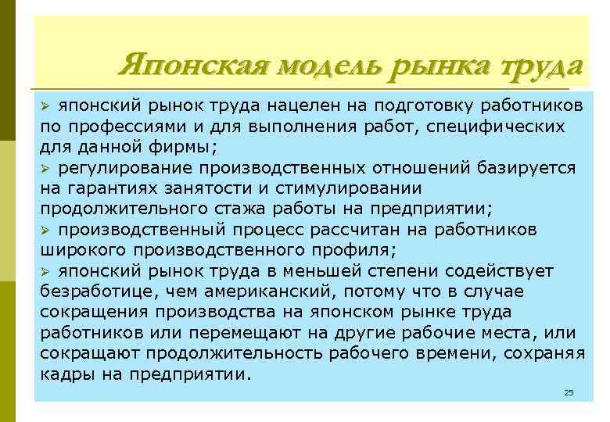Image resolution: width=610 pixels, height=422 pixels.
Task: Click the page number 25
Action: coord(569,392)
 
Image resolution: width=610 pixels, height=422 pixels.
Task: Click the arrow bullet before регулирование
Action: coord(45,168)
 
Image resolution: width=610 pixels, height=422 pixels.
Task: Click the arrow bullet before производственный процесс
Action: coord(45,231)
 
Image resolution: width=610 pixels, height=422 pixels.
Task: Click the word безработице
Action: coord(98,291)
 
